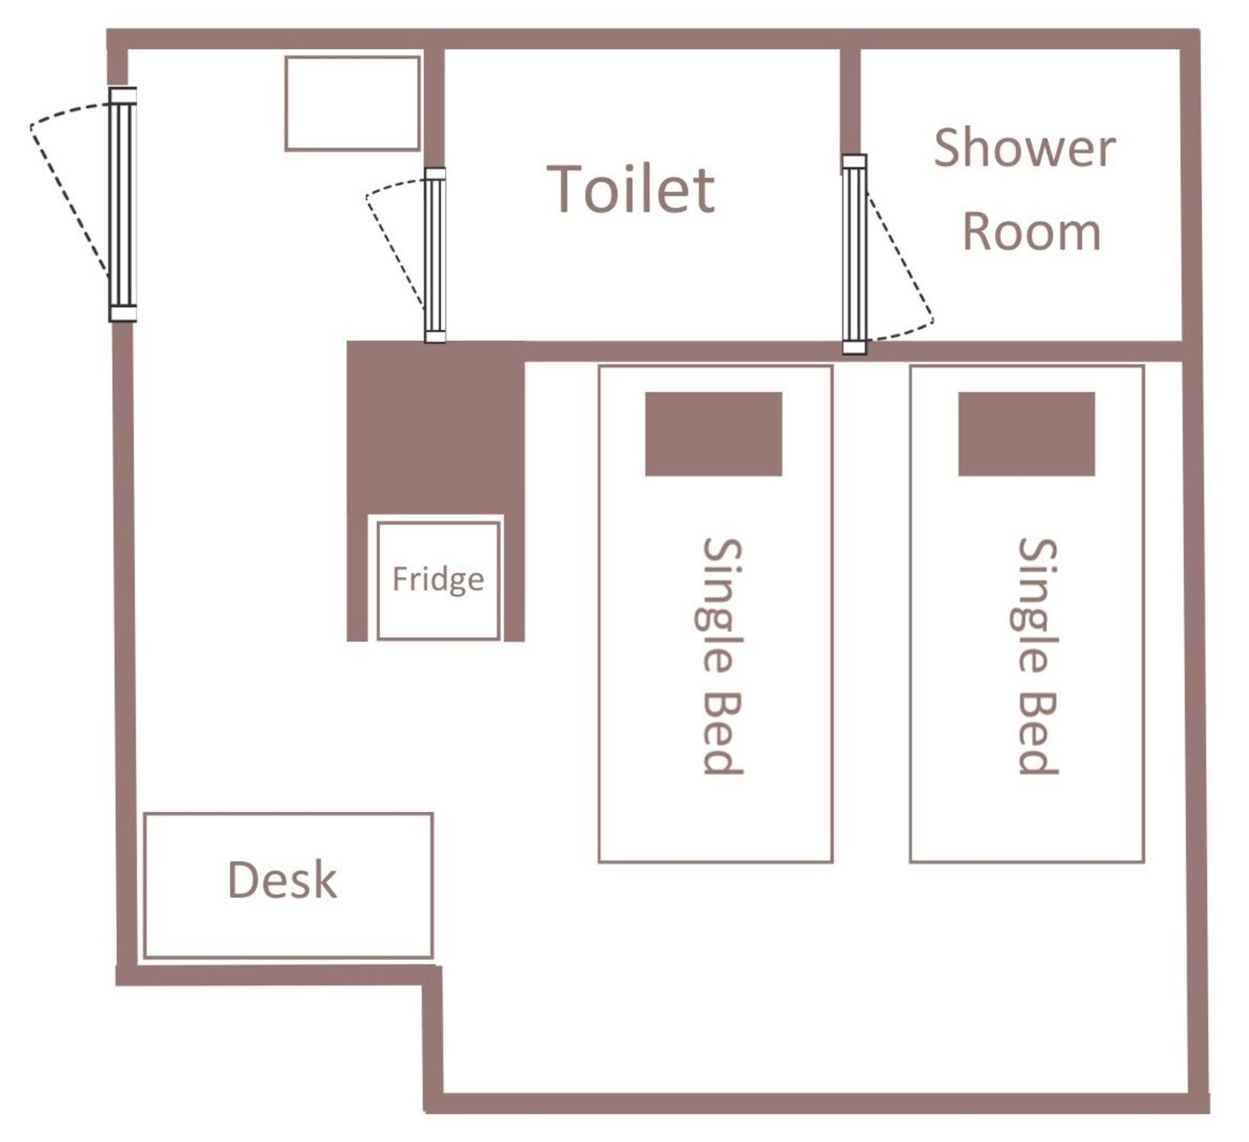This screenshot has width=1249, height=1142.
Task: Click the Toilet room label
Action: (x=631, y=189)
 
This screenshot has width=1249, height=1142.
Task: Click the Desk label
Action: (x=282, y=880)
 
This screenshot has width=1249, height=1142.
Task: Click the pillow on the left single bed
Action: (x=714, y=434)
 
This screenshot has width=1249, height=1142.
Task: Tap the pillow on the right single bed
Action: (x=1026, y=434)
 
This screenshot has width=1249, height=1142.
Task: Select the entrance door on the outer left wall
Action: (x=123, y=204)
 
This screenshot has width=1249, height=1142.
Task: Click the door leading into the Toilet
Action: (x=435, y=255)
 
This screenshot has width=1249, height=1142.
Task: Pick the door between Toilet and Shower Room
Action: (x=854, y=254)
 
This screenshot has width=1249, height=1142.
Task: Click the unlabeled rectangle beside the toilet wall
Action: (x=353, y=104)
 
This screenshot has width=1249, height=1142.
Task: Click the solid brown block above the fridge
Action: (x=435, y=428)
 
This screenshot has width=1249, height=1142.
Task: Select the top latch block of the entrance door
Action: (x=123, y=95)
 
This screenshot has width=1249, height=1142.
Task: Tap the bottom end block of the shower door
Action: (x=854, y=347)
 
